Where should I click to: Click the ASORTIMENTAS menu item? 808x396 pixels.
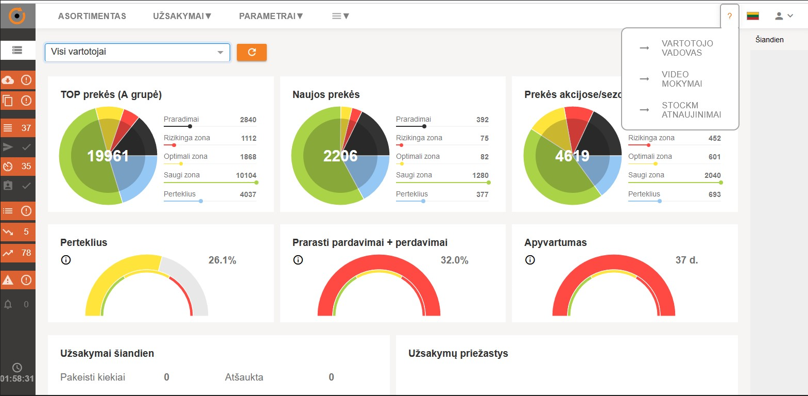[x=92, y=16]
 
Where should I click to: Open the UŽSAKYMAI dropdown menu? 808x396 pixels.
[x=182, y=16]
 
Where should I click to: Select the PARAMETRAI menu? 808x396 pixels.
[x=270, y=16]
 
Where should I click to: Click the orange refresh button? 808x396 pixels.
[x=252, y=52]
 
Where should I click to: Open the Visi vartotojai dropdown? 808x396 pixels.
[x=137, y=52]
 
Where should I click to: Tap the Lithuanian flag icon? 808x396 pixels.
[x=753, y=16]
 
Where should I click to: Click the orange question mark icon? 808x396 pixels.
[x=729, y=16]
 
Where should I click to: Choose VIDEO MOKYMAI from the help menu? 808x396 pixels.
[x=681, y=79]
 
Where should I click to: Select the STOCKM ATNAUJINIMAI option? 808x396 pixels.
[x=691, y=110]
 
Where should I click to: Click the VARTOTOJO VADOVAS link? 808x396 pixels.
[x=687, y=48]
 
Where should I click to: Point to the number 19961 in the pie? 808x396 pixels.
[x=108, y=156]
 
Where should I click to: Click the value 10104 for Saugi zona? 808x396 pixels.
[x=246, y=175]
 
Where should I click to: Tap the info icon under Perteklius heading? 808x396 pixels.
[x=66, y=260]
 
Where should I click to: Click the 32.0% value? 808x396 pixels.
[x=454, y=260]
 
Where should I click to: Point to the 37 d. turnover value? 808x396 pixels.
[x=686, y=260]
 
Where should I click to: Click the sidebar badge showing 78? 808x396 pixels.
[x=18, y=253]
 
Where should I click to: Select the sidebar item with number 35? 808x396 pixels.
[x=18, y=166]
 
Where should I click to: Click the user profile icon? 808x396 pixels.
[x=783, y=16]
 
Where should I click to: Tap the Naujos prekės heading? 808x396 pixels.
[x=326, y=94]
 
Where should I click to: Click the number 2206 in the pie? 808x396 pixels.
[x=340, y=156]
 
